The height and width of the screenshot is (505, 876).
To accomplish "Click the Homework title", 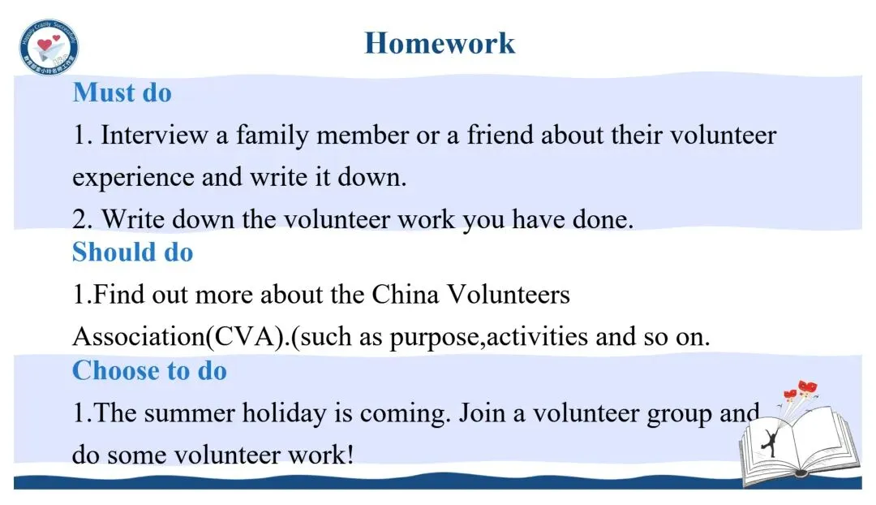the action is [440, 43].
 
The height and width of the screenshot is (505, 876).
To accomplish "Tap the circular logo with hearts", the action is [49, 47].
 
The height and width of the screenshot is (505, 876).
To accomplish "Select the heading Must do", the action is [122, 93].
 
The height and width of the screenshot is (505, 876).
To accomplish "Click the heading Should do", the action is [132, 252].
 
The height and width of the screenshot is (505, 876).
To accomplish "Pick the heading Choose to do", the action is [149, 370].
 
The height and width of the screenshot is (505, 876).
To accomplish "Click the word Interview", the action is [153, 135].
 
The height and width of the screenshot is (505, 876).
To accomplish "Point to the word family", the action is [272, 136].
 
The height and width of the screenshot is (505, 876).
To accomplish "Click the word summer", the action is [189, 414].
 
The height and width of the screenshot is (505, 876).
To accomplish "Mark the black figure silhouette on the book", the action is [770, 440].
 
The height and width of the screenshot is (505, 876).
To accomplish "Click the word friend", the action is [500, 135].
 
